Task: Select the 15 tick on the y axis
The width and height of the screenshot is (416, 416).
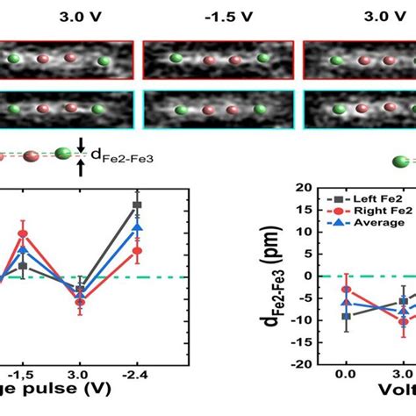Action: [x=303, y=211]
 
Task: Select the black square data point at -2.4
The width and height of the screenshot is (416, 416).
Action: [x=137, y=204]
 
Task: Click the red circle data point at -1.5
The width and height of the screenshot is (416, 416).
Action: [x=24, y=234]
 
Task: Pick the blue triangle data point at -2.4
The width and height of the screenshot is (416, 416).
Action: [x=137, y=227]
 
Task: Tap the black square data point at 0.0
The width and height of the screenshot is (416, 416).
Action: [x=347, y=316]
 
